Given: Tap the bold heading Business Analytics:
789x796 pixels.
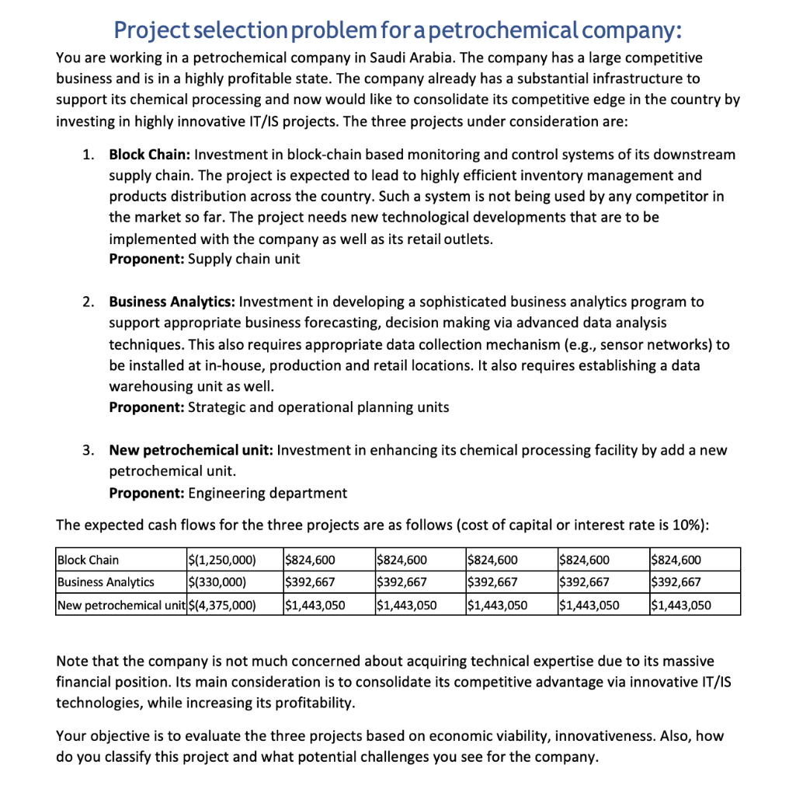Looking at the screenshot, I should (172, 302).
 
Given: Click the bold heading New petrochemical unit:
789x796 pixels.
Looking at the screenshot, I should (190, 451).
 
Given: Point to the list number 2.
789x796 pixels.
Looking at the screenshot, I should (89, 302).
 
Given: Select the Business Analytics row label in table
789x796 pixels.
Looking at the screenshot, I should (106, 581).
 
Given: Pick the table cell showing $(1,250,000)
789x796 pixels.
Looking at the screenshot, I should (223, 560).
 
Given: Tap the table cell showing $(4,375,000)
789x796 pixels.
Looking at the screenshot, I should (223, 604).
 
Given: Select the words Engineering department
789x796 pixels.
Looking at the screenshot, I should (268, 493).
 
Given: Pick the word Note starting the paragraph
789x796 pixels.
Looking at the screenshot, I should (74, 662).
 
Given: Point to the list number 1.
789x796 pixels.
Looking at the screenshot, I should (89, 155).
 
